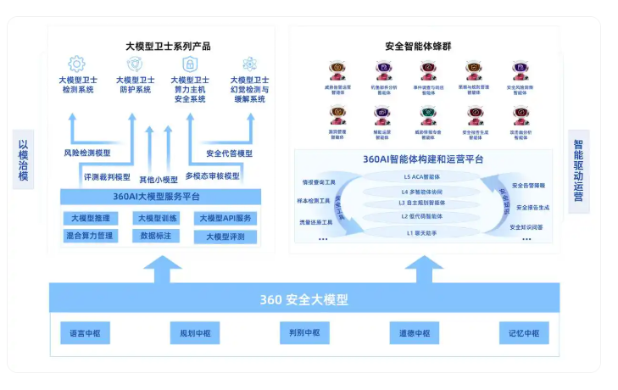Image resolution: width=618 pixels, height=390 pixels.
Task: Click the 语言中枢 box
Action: pos(84,333)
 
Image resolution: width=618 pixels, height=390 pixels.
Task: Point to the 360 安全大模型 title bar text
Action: pos(303,299)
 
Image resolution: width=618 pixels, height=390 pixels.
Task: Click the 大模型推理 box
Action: pos(91,218)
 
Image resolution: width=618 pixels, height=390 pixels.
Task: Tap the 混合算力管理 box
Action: pos(91,235)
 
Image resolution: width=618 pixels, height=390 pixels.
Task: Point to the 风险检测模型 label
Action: pos(86,153)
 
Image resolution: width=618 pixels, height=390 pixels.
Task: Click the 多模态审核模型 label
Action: pos(211,176)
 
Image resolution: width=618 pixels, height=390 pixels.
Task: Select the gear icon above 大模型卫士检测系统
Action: pos(77,63)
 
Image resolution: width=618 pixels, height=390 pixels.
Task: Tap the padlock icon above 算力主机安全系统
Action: pos(190,64)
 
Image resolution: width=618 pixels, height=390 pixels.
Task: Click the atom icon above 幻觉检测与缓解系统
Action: pos(249,63)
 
